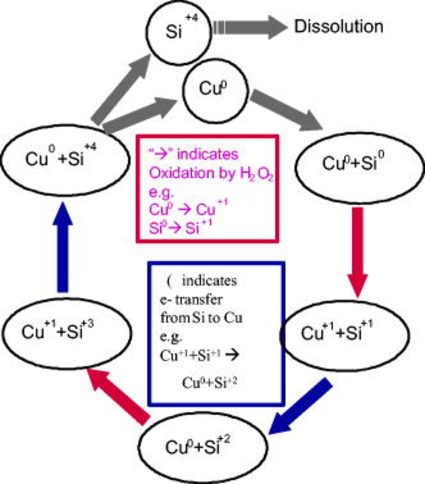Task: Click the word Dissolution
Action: point(338,27)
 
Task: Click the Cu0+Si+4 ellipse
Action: point(65,159)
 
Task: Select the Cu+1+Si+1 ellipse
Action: point(344,334)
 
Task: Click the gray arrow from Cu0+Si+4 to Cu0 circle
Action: point(140,115)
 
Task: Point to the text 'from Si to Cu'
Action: point(201,318)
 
